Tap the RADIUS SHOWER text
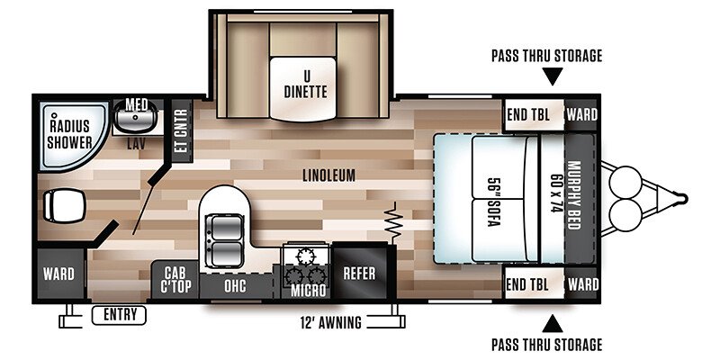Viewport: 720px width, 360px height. coord(70,134)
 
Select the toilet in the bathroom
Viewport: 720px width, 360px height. coord(65,205)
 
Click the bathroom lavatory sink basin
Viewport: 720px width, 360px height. coord(136,117)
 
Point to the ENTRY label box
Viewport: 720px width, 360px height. coord(119,315)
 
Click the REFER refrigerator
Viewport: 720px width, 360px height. coord(359,273)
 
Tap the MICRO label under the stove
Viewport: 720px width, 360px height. coord(308,291)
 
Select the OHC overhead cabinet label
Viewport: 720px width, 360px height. coord(235,286)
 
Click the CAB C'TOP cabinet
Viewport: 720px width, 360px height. coord(175,281)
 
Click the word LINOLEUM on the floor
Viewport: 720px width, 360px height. coord(329,175)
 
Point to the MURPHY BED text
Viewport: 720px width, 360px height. coord(574,195)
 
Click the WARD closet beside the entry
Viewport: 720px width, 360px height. coord(58,274)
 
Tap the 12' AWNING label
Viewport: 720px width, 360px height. coord(330,323)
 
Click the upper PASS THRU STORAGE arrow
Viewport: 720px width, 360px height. coord(553,76)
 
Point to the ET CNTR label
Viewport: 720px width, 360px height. coord(183,130)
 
